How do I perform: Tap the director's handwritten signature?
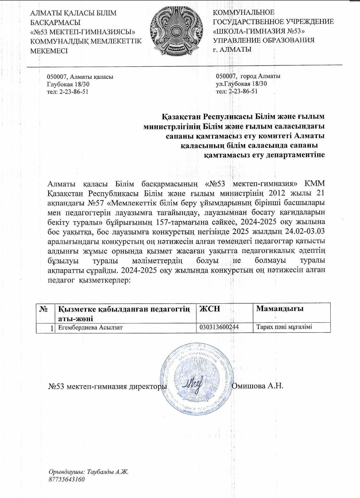coord(195,384)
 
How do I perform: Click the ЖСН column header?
coord(210,309)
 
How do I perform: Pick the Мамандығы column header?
coord(280,309)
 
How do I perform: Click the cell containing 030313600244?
coord(219,327)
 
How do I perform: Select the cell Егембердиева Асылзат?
coord(91,327)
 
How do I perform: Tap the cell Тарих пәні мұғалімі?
coord(284,327)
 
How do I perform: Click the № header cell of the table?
coord(43,309)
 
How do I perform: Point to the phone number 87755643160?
coord(67,479)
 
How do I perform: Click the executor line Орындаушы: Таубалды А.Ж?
coord(88,472)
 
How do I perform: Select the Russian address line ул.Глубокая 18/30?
coord(241,84)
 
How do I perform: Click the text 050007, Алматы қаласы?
coord(80,77)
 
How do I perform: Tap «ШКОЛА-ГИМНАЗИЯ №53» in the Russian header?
coord(258,31)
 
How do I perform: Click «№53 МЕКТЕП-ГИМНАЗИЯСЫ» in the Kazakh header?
coord(83,32)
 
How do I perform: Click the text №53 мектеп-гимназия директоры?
coord(108,386)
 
